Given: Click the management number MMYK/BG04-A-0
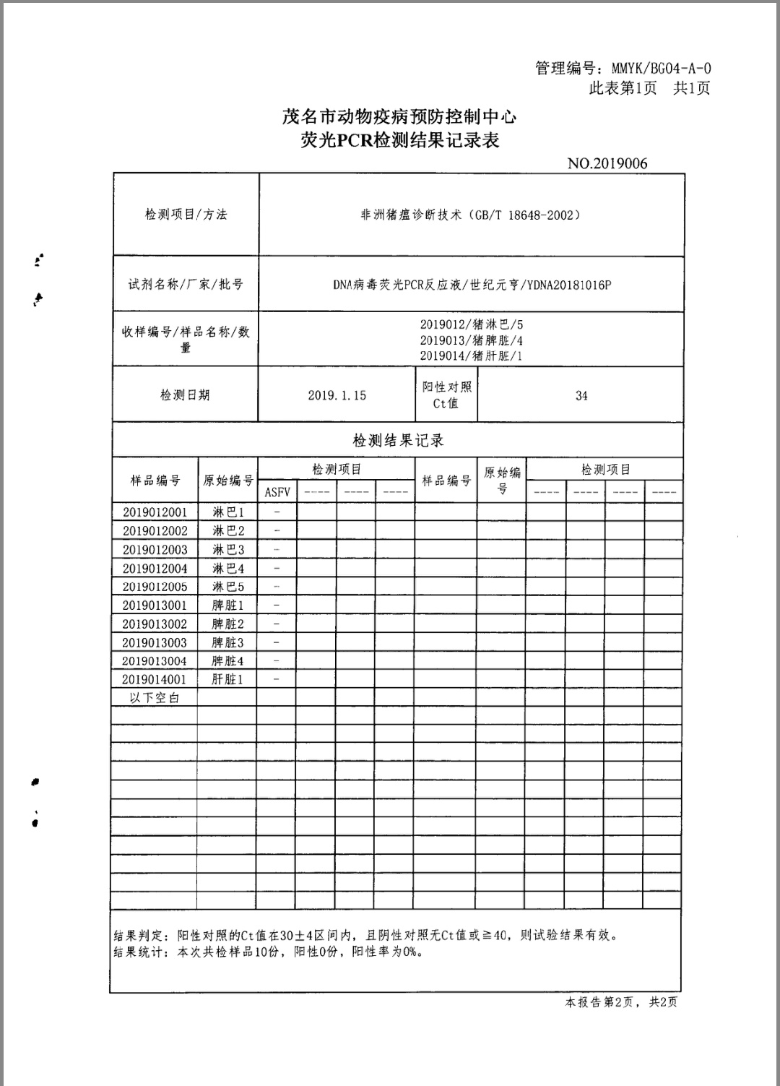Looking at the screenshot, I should pyautogui.click(x=661, y=69).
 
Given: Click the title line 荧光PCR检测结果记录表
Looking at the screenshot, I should pyautogui.click(x=399, y=140).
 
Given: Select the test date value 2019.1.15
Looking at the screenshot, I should pyautogui.click(x=337, y=395).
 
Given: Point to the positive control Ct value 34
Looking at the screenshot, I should pyautogui.click(x=581, y=396).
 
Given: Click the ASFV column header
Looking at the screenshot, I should pyautogui.click(x=277, y=492).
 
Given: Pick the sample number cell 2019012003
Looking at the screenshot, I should pyautogui.click(x=155, y=550).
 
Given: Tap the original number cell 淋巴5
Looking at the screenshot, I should pyautogui.click(x=227, y=587).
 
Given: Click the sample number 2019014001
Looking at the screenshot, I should pyautogui.click(x=154, y=679).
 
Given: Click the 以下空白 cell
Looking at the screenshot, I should pyautogui.click(x=154, y=698).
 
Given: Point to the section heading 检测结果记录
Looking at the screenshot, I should pyautogui.click(x=398, y=440).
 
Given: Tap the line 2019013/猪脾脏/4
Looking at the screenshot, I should pyautogui.click(x=472, y=340).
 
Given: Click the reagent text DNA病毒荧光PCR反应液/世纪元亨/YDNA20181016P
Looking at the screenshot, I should pyautogui.click(x=472, y=285).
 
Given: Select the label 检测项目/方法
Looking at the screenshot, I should pyautogui.click(x=186, y=215).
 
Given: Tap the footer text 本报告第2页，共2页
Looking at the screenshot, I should pyautogui.click(x=621, y=1002).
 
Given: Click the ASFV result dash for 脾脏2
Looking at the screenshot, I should pyautogui.click(x=277, y=624).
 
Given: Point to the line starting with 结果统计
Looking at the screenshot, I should pyautogui.click(x=267, y=952).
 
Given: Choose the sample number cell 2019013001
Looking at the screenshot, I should pyautogui.click(x=154, y=606).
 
